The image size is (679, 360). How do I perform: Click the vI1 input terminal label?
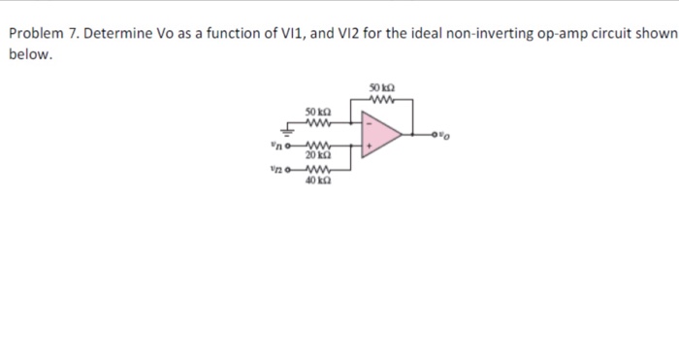pos(276,147)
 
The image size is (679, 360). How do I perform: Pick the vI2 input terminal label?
pos(276,168)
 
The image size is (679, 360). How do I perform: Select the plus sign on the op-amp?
pos(367,148)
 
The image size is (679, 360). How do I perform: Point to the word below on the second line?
pos(29,54)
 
